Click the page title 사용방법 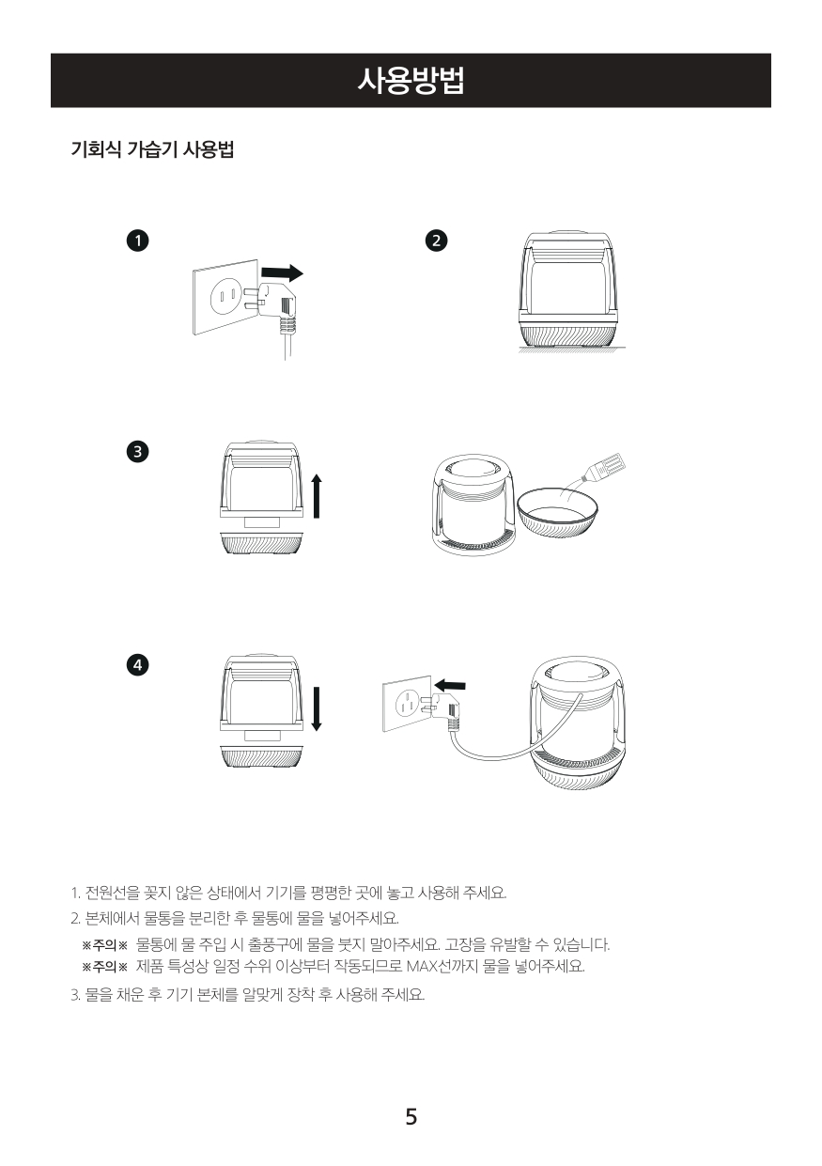[x=411, y=81]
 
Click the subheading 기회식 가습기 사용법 [x=152, y=150]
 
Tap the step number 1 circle [x=137, y=241]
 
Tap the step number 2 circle [x=436, y=241]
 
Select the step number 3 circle [x=137, y=451]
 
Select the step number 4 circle [x=137, y=664]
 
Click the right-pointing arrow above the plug [x=282, y=272]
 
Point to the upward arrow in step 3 [x=317, y=496]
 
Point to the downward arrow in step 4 [x=317, y=709]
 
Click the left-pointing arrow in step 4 [x=450, y=685]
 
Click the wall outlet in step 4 [x=407, y=703]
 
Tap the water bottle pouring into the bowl [x=604, y=468]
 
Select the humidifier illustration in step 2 [x=571, y=289]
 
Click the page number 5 [x=411, y=1116]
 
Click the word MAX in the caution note [x=423, y=967]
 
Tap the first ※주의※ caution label [x=104, y=944]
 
